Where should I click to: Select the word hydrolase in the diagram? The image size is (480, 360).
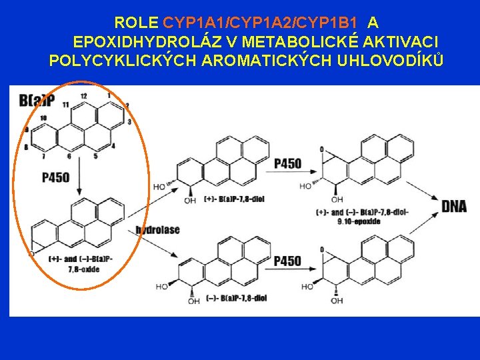click(x=157, y=230)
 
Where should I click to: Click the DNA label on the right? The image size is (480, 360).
click(x=453, y=207)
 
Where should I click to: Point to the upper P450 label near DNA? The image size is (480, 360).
click(x=287, y=164)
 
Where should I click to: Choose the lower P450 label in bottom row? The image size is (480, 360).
click(x=287, y=261)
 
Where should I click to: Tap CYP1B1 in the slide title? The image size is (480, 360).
click(x=323, y=23)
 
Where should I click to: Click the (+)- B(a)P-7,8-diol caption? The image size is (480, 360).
click(x=219, y=199)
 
